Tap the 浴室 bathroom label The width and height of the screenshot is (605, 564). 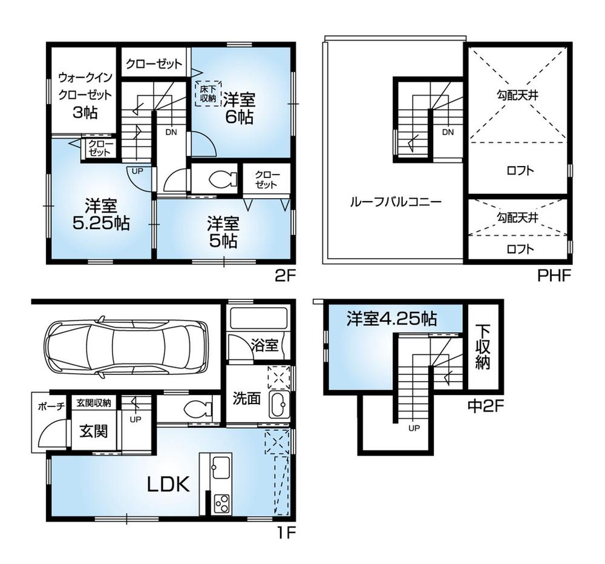click(x=264, y=345)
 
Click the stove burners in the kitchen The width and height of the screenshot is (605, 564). click(x=222, y=502)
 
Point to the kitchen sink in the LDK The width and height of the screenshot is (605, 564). click(x=220, y=468)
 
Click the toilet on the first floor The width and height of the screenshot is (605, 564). click(x=197, y=410)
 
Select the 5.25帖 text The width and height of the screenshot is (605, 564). click(x=100, y=223)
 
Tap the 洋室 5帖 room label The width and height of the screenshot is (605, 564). click(x=223, y=232)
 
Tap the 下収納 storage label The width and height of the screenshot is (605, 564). click(x=482, y=347)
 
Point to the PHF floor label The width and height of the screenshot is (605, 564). click(x=554, y=277)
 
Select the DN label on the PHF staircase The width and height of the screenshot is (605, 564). click(x=448, y=132)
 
